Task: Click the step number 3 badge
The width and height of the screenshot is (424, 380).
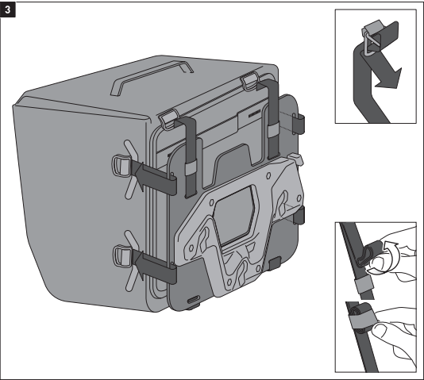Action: click(8, 10)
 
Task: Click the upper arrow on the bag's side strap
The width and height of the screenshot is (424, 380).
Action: click(138, 175)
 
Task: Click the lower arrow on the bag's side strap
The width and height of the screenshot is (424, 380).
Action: click(138, 265)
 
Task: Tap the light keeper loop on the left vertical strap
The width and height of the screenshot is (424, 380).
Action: click(191, 168)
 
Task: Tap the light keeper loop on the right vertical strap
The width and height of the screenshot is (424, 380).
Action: click(272, 130)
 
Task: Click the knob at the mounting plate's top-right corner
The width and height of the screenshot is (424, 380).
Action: click(296, 159)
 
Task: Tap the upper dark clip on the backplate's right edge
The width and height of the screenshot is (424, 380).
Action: click(299, 124)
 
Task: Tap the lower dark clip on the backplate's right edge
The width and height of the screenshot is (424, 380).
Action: click(299, 215)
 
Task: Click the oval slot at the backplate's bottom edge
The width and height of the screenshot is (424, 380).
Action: click(194, 299)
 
